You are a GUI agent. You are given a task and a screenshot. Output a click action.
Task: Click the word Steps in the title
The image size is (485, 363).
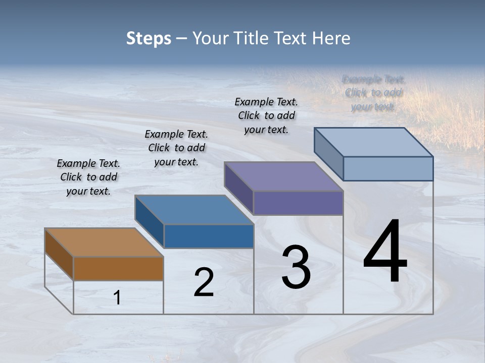coord(149,38)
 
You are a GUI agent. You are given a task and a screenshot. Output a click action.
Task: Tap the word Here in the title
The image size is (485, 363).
coord(331,38)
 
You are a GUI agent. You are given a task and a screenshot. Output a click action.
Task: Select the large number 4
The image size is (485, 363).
coord(385,252)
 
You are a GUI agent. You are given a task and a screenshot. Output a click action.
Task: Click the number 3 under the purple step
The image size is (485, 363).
coord(296,267)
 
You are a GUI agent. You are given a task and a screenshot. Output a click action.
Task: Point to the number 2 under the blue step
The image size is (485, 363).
coord(204,282)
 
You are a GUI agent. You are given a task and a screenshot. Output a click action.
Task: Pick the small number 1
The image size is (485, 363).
coord(117,298)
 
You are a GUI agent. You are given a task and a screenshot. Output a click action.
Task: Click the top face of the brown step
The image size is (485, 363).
coord(104,243)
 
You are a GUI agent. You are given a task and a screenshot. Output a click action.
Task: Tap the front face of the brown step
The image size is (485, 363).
coord(118,268)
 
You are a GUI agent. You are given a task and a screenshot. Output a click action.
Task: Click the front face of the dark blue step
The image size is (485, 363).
coord(209,236)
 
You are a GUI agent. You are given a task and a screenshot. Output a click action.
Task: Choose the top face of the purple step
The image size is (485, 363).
coord(284,176)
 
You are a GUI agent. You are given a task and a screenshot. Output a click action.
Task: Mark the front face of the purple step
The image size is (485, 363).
coord(298,203)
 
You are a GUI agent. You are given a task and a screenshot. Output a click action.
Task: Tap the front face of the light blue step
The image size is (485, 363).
coord(388,168)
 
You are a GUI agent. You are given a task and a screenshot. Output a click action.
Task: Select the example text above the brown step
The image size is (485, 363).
coord(88,177)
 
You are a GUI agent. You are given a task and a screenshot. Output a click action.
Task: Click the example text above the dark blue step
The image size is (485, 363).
coord(176,148)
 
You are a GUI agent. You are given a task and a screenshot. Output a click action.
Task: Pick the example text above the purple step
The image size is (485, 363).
coord(266,115)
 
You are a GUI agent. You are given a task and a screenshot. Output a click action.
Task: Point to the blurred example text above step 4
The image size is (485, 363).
coord(373,93)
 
